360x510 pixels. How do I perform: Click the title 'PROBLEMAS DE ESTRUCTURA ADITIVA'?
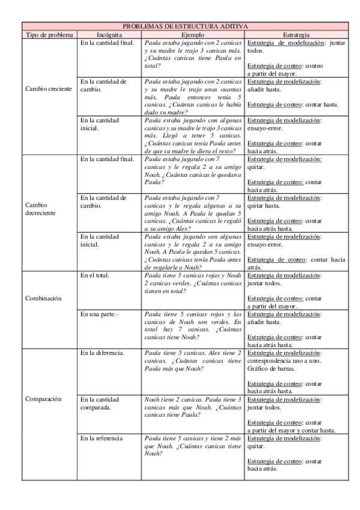186,26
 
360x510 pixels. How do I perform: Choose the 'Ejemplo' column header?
193,35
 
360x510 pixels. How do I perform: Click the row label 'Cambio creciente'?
49,89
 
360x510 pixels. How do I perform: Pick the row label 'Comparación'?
43,399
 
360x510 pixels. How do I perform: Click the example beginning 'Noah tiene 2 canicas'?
193,407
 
